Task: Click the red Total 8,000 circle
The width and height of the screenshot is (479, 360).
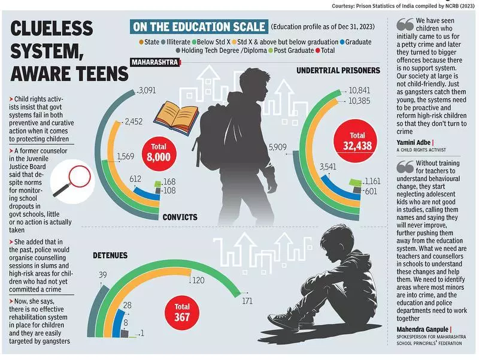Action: coord(158,153)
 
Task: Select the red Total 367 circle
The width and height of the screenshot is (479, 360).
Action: coord(182,311)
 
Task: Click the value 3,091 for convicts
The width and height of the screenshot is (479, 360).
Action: coord(147,91)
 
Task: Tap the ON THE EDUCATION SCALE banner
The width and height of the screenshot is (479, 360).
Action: coord(199,27)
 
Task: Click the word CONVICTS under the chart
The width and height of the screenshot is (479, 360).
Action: coord(180,217)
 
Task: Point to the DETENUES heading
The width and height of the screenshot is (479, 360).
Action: coord(110,255)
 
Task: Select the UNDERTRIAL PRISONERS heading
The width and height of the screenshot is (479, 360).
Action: coord(338,70)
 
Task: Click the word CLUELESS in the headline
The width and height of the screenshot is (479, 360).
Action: coord(52,28)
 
